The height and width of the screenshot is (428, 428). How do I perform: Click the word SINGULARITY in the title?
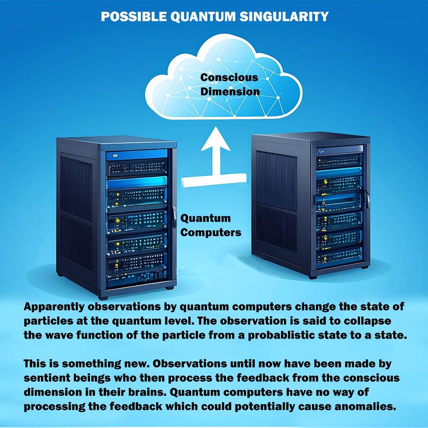[x=284, y=17]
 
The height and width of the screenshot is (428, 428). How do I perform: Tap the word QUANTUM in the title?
[x=202, y=17]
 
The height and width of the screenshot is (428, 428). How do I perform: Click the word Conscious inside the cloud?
[x=229, y=78]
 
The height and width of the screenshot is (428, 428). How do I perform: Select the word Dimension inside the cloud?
[x=230, y=91]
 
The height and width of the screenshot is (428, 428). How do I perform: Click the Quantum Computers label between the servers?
[x=210, y=225]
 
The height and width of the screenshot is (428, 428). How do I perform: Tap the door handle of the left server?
[x=174, y=217]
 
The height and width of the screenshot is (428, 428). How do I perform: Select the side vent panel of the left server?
[x=76, y=213]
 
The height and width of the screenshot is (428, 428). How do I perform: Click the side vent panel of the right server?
[x=276, y=200]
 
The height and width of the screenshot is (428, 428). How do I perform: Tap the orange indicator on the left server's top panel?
[x=115, y=155]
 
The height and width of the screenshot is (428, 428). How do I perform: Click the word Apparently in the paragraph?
[x=54, y=307]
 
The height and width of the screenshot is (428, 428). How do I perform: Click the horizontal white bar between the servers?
[x=216, y=181]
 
